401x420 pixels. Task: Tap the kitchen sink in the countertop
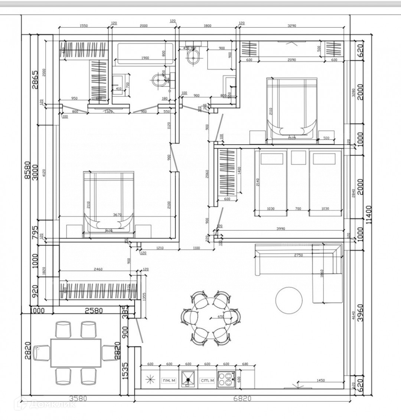coord(188,379)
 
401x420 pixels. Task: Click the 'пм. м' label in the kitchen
coord(169,380)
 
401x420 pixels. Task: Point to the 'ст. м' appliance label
coord(207,380)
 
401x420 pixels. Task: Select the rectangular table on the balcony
coord(76,352)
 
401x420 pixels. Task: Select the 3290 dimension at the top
coord(292,26)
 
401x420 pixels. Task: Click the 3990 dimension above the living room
coord(281,229)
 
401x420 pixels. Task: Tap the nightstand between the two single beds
coord(298,158)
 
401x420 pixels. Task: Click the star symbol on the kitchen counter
coord(150,379)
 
